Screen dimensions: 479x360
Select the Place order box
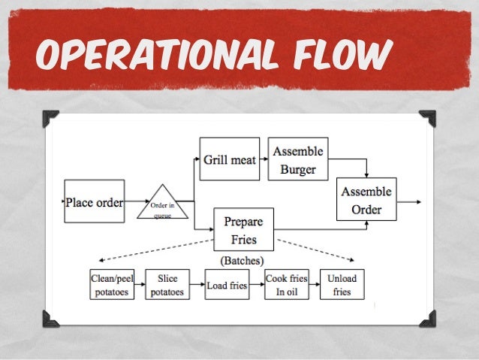[94, 201]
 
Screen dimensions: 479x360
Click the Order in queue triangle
[163, 205]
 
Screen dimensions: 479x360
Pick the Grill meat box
[229, 159]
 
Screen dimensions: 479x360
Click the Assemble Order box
[366, 201]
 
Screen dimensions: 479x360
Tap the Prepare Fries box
[244, 230]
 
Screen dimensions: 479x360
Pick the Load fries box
[227, 285]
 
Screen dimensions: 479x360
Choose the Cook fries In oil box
[286, 285]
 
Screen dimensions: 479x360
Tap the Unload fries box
[342, 285]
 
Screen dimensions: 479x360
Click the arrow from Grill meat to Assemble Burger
[263, 159]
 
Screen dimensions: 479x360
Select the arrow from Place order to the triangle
[133, 201]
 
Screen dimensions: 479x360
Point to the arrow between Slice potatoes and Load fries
[195, 285]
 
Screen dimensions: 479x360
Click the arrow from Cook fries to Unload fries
[314, 285]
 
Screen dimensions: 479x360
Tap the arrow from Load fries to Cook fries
[257, 285]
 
